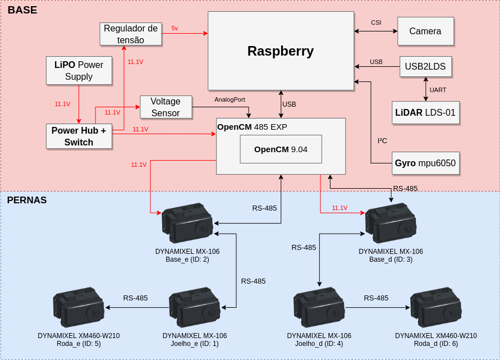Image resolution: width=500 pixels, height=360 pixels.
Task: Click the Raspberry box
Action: point(281,51)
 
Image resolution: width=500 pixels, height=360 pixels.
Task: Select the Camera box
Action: point(425,31)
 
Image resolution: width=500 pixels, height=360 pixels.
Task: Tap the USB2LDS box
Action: point(425,66)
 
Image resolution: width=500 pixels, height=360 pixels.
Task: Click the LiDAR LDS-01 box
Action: point(425,113)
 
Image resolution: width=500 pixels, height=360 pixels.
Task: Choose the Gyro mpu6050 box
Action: point(425,163)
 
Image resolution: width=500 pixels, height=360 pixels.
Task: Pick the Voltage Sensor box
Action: point(166,107)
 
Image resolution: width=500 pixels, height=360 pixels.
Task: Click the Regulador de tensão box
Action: point(131,34)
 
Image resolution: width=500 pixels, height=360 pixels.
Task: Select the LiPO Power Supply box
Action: point(79,71)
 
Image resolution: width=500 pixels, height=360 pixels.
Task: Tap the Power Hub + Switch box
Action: point(79,136)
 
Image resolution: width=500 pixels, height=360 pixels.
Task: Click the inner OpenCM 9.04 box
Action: point(281,149)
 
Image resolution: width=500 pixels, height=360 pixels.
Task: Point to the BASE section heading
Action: point(22,10)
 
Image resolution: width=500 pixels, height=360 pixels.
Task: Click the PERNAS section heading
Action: point(27,200)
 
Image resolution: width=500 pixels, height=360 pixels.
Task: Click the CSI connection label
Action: point(376,22)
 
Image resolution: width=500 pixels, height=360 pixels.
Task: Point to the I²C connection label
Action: point(382,140)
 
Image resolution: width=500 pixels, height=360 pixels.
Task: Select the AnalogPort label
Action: point(230,99)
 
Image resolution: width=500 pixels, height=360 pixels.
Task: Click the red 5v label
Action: point(175,28)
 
